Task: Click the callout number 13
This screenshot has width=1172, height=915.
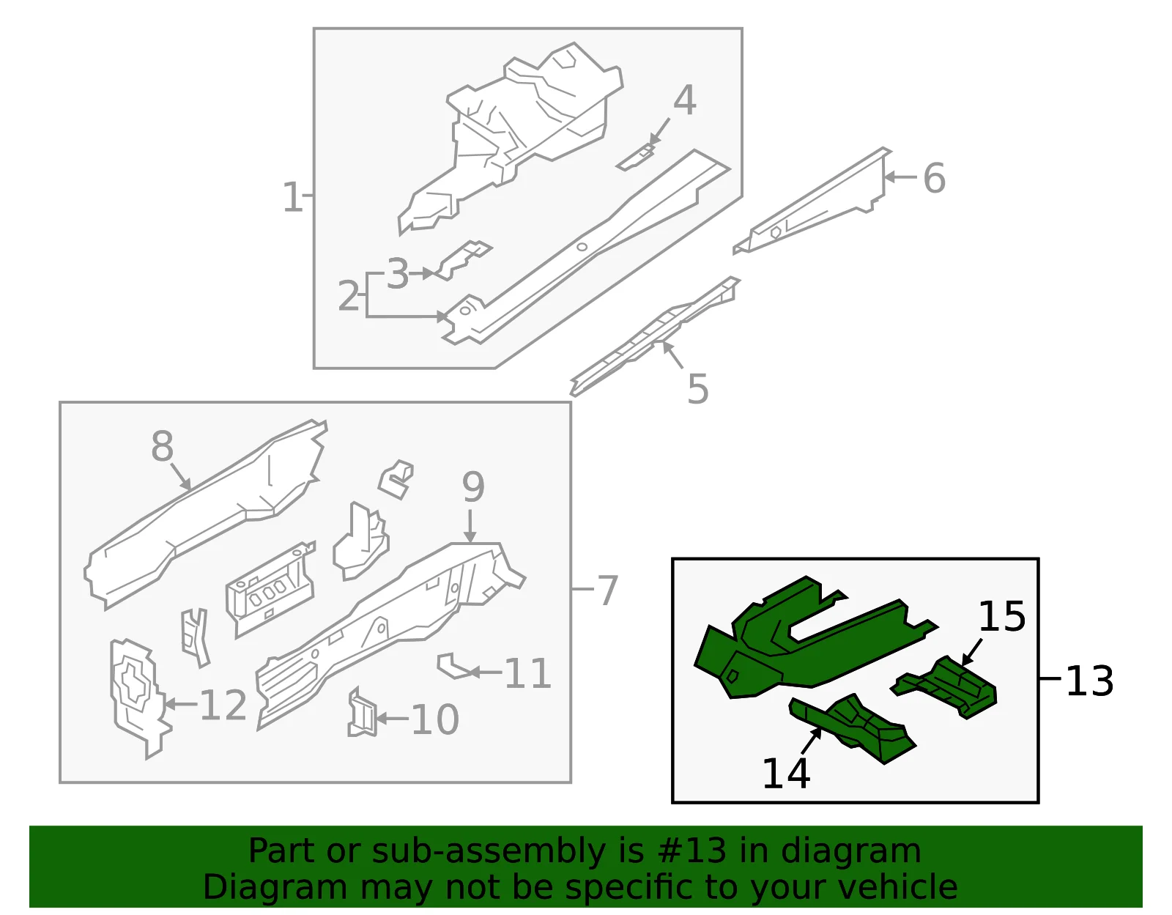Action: coord(1090,681)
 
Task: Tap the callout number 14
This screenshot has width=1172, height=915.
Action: coord(786,774)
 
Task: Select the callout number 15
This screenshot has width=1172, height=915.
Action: coord(1001,616)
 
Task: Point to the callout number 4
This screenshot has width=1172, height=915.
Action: coord(684,100)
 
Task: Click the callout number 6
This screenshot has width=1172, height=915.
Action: coord(934,178)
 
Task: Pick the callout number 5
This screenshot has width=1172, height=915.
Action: coord(698,388)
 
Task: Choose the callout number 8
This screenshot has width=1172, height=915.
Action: coord(163,446)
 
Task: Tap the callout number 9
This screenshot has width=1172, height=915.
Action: coord(473,486)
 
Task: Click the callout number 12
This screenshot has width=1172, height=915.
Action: coord(223,705)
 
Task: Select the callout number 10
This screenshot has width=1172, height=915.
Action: coord(435,719)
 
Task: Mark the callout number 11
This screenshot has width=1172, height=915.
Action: coord(527,673)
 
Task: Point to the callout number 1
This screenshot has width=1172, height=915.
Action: coord(292,197)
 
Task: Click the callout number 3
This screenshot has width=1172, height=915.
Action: coord(398,274)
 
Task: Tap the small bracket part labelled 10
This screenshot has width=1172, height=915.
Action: coord(362,714)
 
